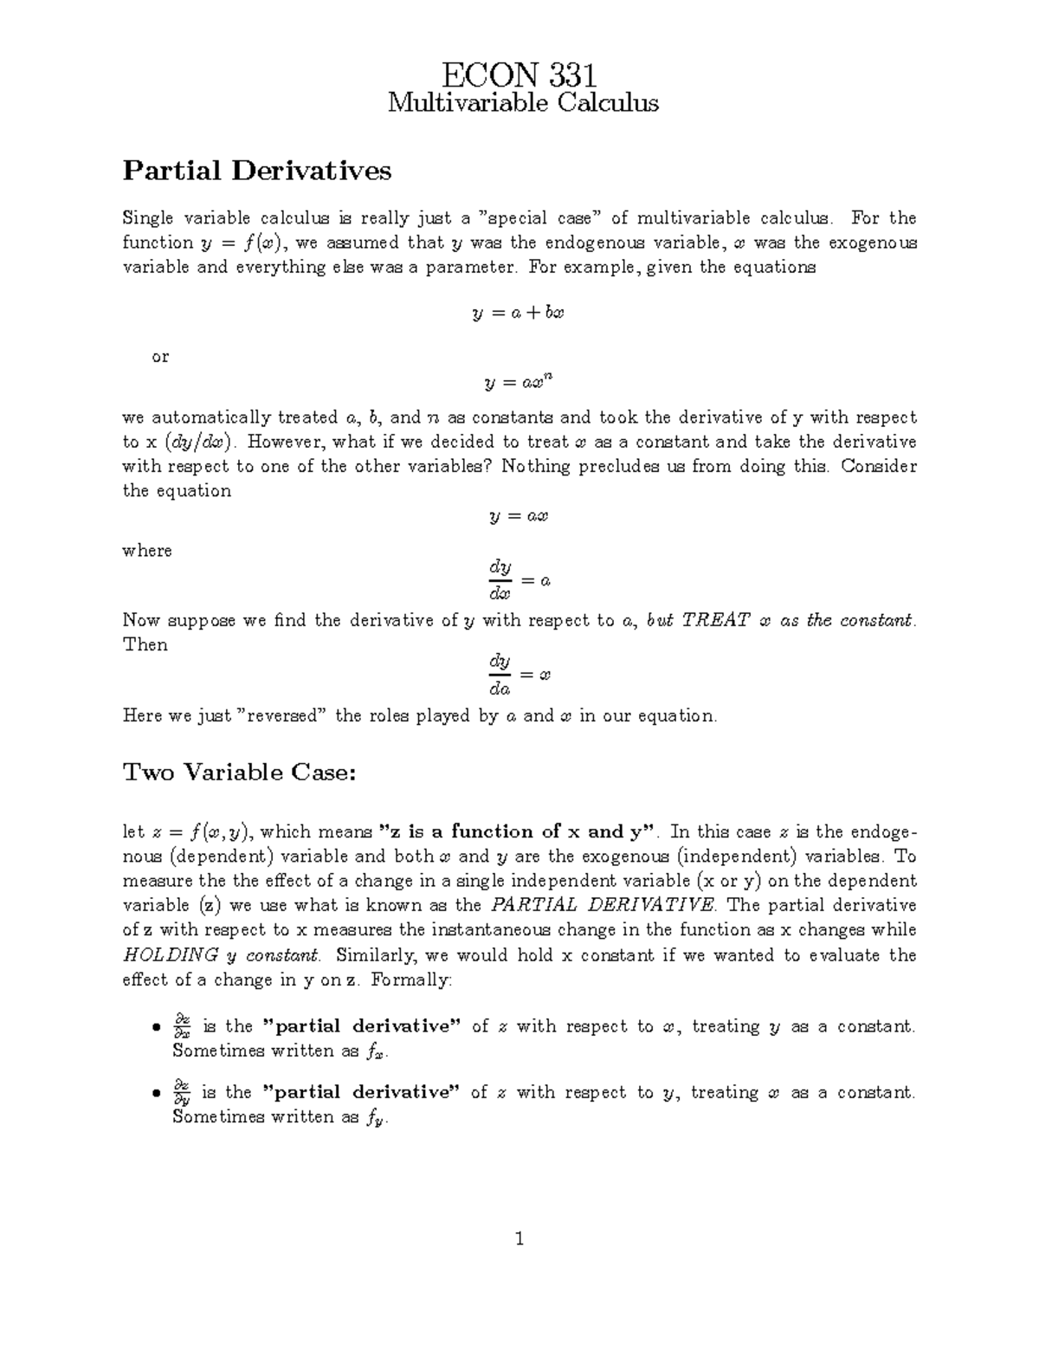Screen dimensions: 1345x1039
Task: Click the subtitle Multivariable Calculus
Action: click(523, 104)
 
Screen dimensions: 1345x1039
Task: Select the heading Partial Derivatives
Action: click(257, 171)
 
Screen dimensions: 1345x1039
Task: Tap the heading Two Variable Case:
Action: click(240, 772)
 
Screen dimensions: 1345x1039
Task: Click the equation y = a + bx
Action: click(518, 313)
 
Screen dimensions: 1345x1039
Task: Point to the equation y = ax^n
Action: click(518, 380)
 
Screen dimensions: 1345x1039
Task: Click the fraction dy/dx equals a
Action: click(518, 580)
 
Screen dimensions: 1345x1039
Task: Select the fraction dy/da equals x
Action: click(518, 675)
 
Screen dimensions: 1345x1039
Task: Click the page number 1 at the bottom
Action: click(519, 1238)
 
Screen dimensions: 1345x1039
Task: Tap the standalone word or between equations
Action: click(160, 356)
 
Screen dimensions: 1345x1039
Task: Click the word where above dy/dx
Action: click(147, 551)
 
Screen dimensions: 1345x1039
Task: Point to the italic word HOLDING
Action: click(171, 955)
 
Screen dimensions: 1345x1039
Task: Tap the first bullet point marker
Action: click(156, 1028)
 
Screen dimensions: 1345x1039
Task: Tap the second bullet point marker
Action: click(156, 1094)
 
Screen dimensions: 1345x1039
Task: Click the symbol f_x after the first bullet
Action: click(376, 1052)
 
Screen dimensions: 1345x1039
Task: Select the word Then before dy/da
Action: click(145, 645)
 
